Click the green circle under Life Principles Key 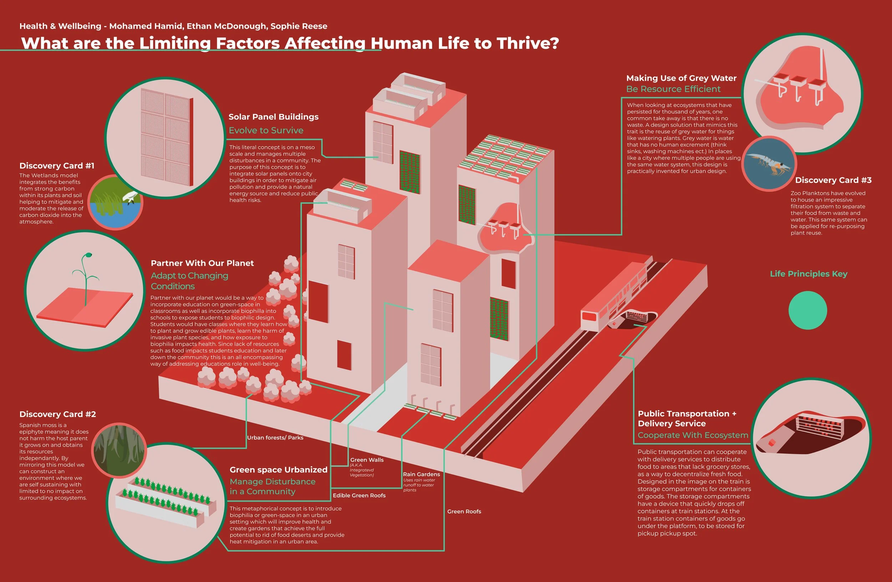[x=807, y=310]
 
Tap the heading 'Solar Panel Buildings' [x=273, y=117]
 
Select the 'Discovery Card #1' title [x=57, y=166]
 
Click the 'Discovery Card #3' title [x=833, y=180]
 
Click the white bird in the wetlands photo [x=130, y=196]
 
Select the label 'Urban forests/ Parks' [x=275, y=438]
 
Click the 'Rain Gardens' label [x=421, y=475]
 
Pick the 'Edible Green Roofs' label [x=359, y=495]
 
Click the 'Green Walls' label [x=366, y=460]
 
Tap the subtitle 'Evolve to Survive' [x=266, y=130]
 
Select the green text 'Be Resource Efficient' [x=673, y=89]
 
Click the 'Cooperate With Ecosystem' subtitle [x=693, y=435]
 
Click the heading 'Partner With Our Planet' [x=202, y=263]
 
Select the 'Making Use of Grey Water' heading [x=681, y=78]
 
